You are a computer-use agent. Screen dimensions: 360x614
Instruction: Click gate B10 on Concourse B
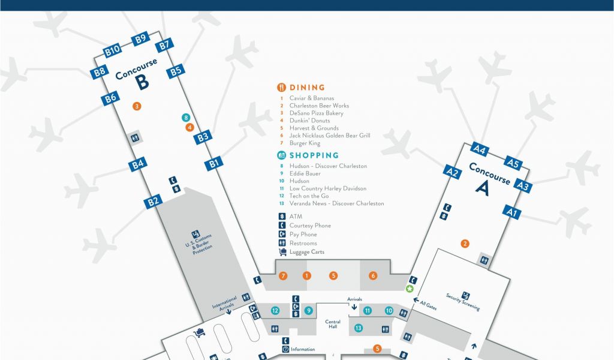(112, 52)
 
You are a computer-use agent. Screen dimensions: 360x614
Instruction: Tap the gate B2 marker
(153, 201)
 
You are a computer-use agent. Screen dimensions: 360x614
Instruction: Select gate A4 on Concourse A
(480, 150)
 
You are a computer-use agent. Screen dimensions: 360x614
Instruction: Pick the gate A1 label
(511, 212)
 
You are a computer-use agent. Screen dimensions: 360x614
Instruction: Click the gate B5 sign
(175, 71)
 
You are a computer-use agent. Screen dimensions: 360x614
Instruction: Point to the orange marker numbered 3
(137, 106)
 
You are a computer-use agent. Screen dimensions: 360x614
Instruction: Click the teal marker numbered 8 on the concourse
(186, 118)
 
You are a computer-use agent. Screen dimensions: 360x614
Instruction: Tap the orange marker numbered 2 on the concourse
(464, 244)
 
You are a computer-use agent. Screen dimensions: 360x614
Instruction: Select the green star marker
(410, 289)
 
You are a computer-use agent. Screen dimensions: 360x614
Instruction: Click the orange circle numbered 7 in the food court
(283, 276)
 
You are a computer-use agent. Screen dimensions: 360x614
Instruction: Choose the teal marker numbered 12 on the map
(275, 311)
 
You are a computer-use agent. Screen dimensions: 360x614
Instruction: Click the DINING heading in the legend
(307, 88)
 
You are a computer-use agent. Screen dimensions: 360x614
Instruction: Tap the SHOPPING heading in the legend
(314, 155)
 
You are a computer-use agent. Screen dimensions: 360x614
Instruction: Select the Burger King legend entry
(305, 143)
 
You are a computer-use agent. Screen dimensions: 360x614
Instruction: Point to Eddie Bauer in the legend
(305, 173)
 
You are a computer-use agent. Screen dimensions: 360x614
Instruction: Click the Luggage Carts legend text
(306, 252)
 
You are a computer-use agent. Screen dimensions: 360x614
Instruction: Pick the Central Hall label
(333, 325)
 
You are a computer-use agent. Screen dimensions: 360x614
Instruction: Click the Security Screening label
(462, 301)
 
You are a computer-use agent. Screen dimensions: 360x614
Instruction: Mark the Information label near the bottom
(302, 349)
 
